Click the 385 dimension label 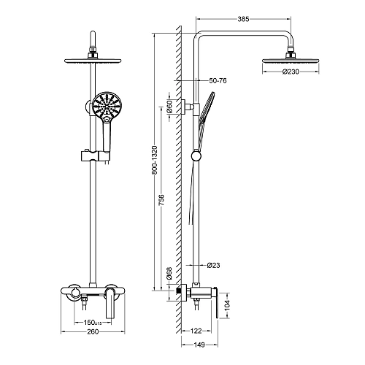point(243,19)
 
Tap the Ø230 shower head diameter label point(291,72)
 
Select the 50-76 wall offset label point(218,80)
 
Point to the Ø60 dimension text point(169,107)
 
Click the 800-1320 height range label point(155,160)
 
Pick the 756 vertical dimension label point(161,200)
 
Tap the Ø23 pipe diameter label point(213,265)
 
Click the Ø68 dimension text point(169,274)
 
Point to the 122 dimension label point(196,331)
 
